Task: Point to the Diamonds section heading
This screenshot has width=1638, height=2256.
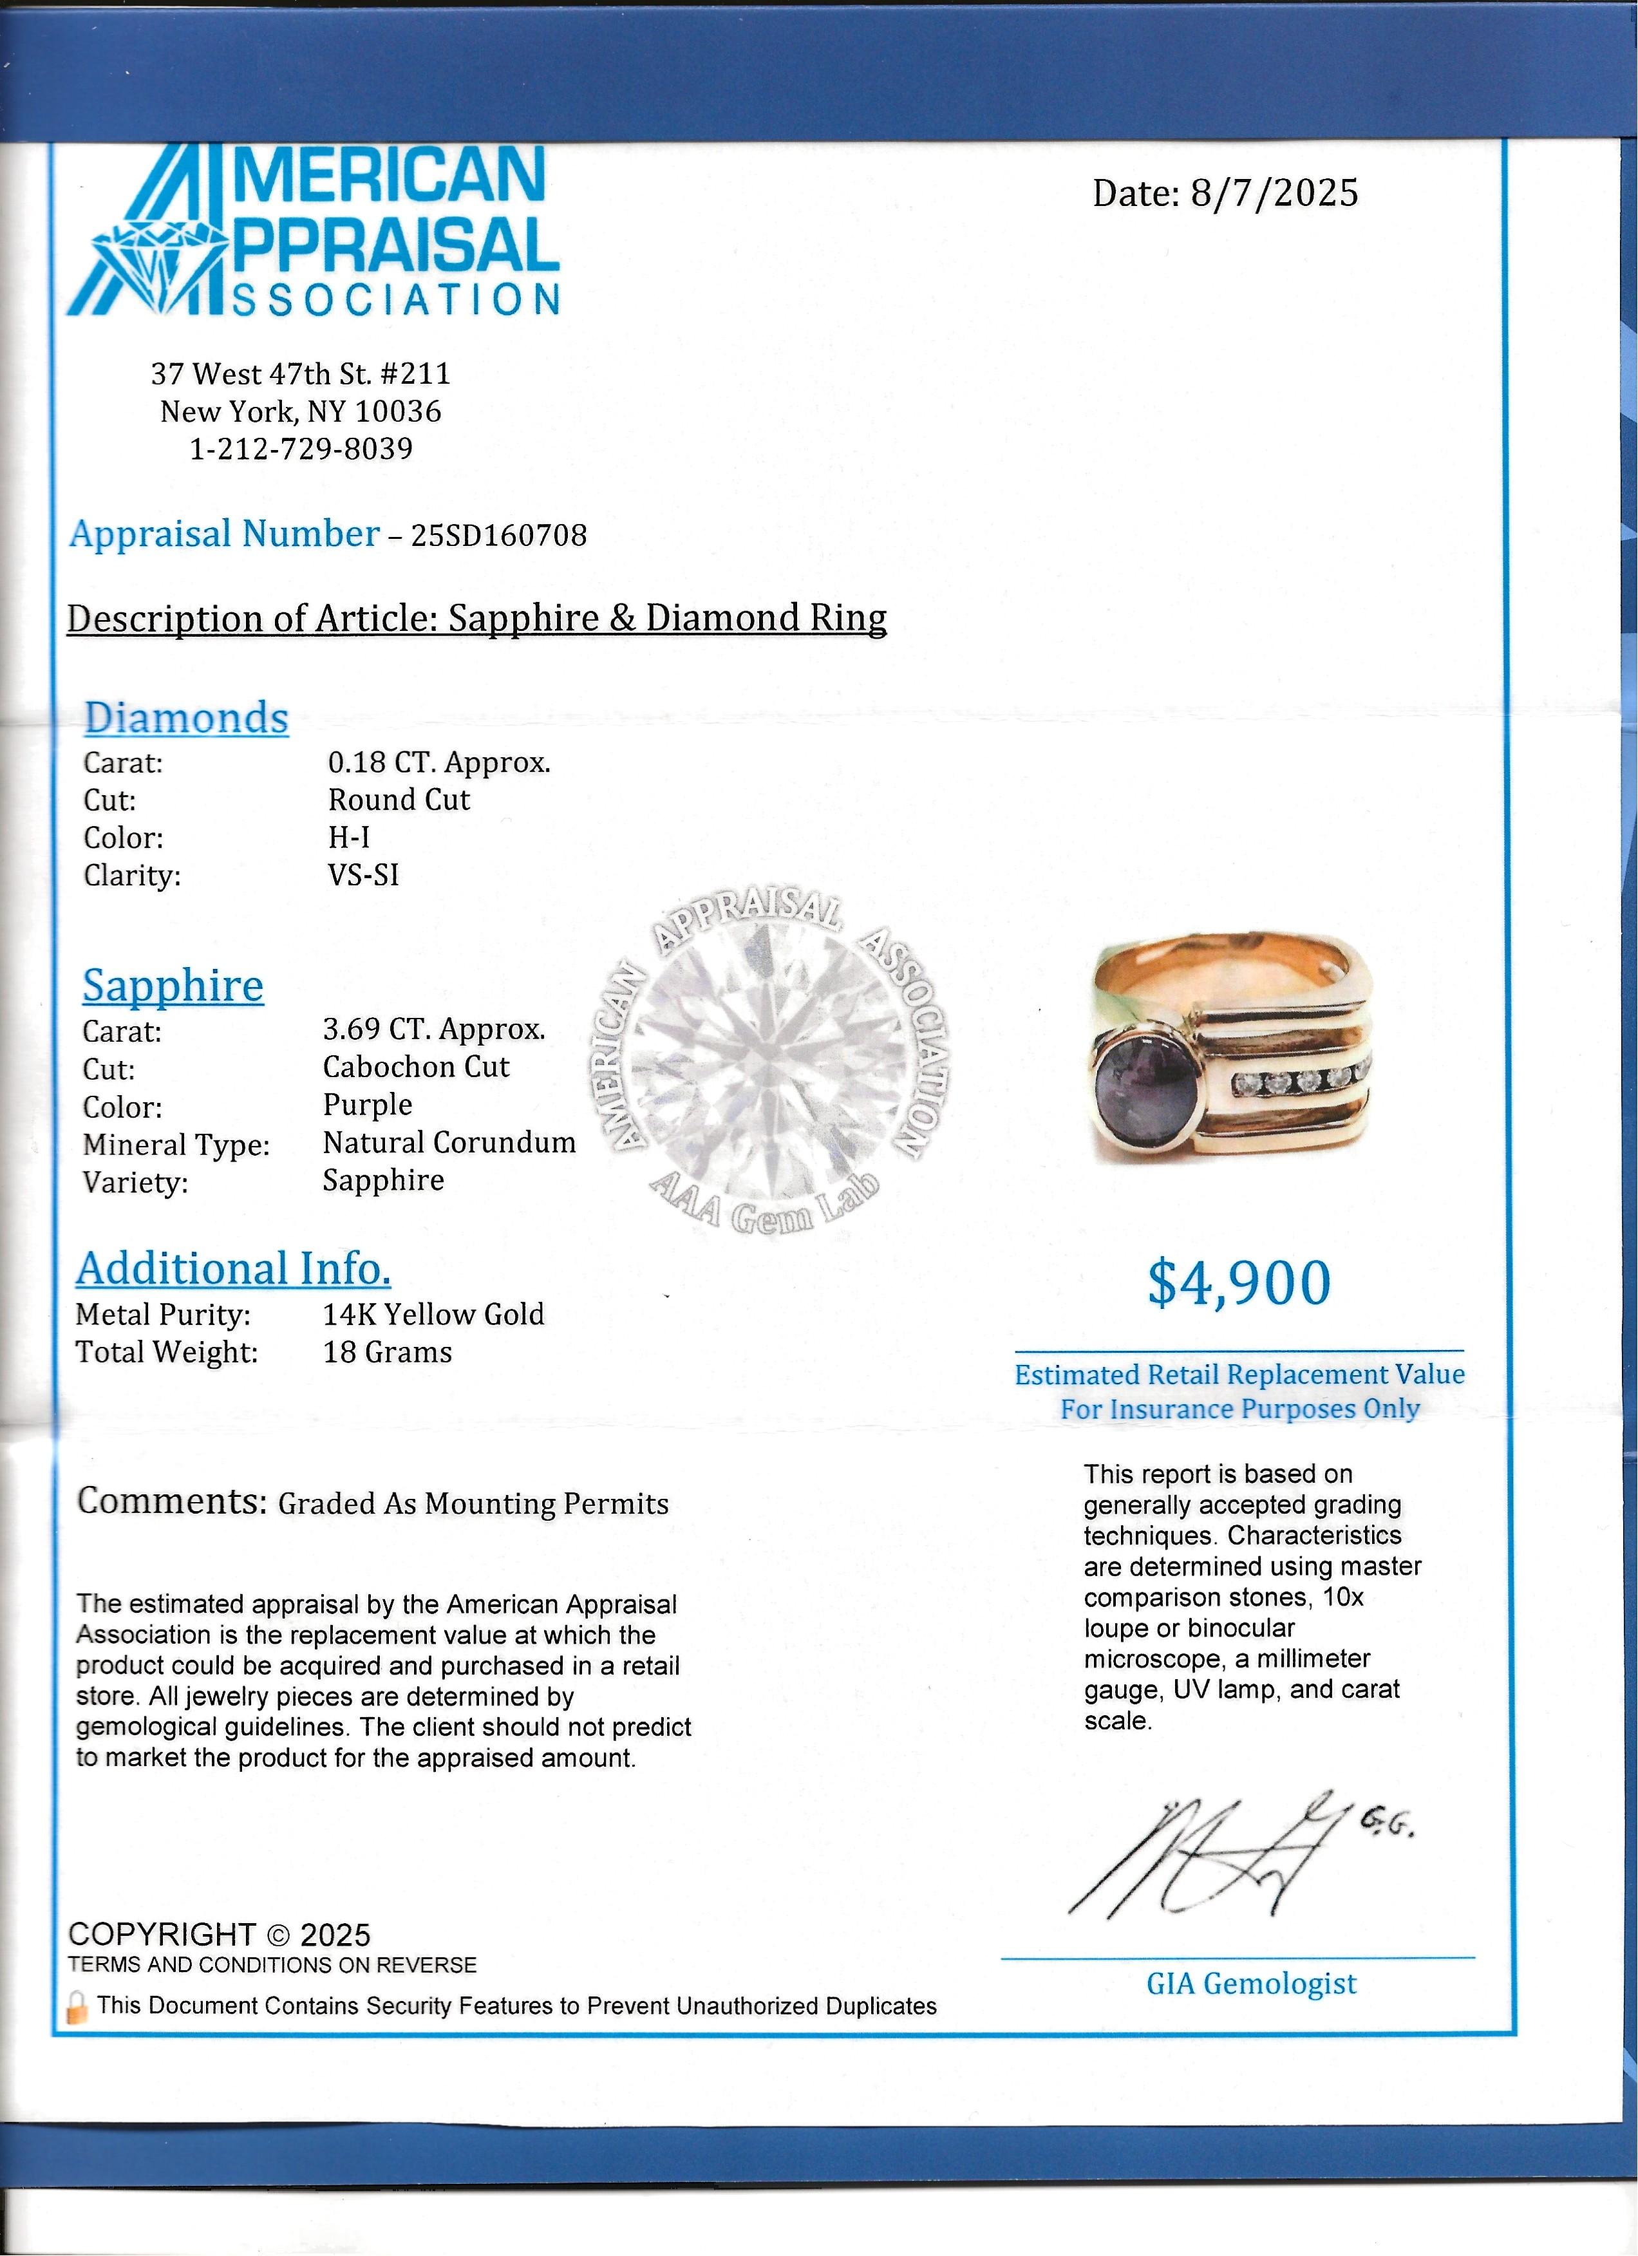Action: point(186,717)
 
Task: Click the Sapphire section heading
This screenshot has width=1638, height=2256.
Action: point(173,986)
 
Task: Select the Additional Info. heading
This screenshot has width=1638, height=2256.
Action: point(234,1269)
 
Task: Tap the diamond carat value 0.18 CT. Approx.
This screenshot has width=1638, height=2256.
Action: point(438,763)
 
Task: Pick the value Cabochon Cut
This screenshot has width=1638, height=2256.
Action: point(416,1067)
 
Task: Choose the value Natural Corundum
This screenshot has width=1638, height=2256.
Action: point(449,1142)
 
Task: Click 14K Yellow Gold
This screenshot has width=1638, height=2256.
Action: point(433,1314)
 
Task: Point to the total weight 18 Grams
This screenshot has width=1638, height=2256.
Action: point(387,1352)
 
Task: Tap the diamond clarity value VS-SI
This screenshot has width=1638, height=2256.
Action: point(363,876)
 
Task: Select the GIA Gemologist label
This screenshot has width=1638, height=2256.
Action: point(1251,1984)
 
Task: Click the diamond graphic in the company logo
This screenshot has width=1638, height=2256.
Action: point(159,259)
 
